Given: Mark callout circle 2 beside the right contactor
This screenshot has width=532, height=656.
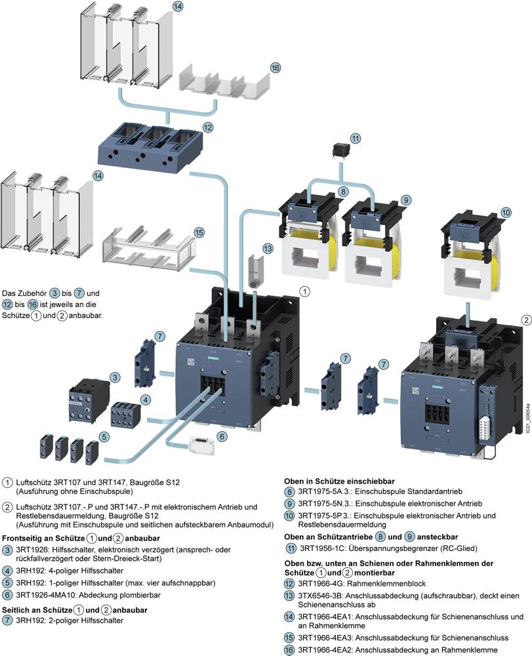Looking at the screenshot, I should click(x=527, y=319).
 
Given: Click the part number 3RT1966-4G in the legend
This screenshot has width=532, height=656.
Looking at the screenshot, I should click(x=324, y=583).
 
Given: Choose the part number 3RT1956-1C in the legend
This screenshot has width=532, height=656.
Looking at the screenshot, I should click(x=326, y=548).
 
